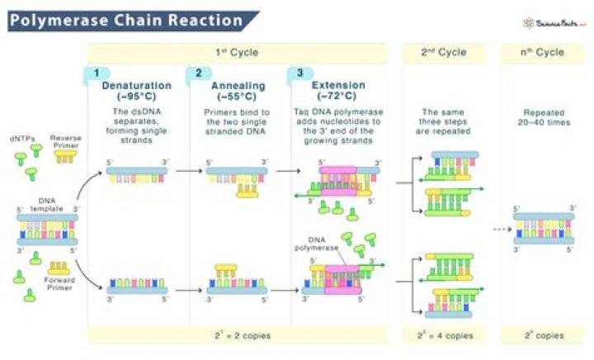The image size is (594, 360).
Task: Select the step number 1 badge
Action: pos(97,73)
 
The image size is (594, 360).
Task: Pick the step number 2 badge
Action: pos(198,73)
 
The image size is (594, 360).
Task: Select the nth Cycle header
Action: pos(543,52)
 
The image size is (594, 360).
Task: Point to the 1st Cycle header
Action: pos(238,52)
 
